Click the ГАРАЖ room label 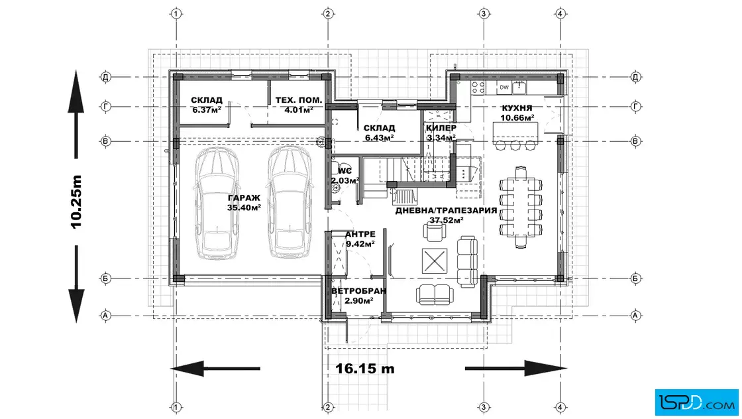pyautogui.click(x=244, y=198)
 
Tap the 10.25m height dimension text pyautogui.click(x=76, y=202)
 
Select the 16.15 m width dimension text pyautogui.click(x=365, y=369)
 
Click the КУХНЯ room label pyautogui.click(x=517, y=108)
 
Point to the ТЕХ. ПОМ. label pyautogui.click(x=299, y=100)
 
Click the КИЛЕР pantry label pyautogui.click(x=441, y=128)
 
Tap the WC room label pyautogui.click(x=344, y=171)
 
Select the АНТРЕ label pyautogui.click(x=360, y=234)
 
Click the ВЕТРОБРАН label pyautogui.click(x=358, y=290)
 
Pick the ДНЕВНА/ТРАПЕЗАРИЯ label pyautogui.click(x=447, y=211)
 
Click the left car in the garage pyautogui.click(x=217, y=203)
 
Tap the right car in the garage pyautogui.click(x=290, y=202)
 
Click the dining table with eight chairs pyautogui.click(x=521, y=208)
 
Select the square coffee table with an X pyautogui.click(x=435, y=261)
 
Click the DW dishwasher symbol pyautogui.click(x=504, y=88)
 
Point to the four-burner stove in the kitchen pyautogui.click(x=478, y=88)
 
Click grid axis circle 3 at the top pyautogui.click(x=483, y=14)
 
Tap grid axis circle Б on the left pyautogui.click(x=105, y=278)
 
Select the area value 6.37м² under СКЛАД pyautogui.click(x=207, y=110)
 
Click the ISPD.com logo pyautogui.click(x=696, y=402)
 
